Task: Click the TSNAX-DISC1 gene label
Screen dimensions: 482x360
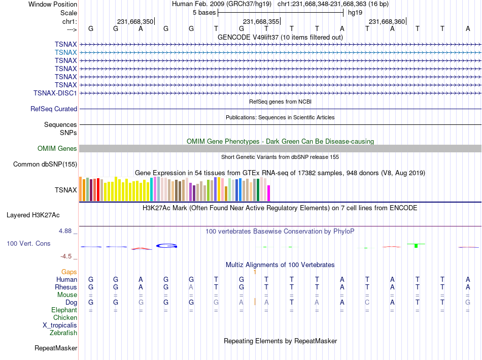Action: pos(55,93)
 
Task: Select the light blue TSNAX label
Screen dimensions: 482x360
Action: pos(66,52)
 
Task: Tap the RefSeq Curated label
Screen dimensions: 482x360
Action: pos(54,109)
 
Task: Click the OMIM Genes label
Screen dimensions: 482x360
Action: pos(57,149)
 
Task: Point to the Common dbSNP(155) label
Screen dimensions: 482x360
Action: pos(45,165)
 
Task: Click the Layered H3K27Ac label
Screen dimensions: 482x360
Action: pos(33,215)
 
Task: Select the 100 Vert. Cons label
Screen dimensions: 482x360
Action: pos(28,243)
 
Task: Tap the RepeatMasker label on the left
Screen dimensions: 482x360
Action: pos(56,348)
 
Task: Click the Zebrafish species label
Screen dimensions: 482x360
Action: pos(63,333)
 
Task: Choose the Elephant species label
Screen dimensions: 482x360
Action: pos(64,310)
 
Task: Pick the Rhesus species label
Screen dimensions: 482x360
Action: pos(66,287)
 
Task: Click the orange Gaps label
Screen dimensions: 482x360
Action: pos(69,272)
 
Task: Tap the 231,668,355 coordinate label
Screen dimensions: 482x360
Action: pos(261,21)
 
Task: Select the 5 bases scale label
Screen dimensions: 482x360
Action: pos(204,13)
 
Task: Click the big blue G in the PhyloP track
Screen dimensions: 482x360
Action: pos(166,246)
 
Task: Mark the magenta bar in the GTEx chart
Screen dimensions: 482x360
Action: pos(269,193)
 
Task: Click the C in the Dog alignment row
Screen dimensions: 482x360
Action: pos(367,303)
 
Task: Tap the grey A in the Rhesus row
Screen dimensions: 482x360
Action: pos(191,287)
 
